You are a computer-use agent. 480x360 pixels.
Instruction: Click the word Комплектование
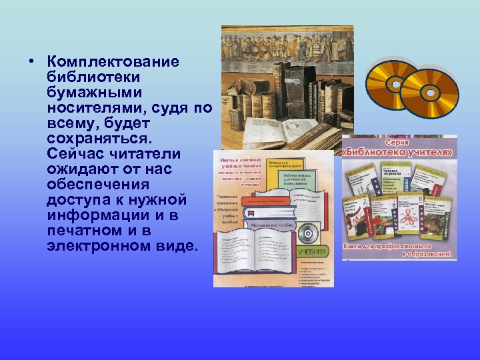tap(113, 62)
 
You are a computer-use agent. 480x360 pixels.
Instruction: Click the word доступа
tap(74, 200)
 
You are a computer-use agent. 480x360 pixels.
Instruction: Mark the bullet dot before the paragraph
tap(31, 63)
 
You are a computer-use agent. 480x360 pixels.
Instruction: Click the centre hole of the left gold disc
tap(395, 85)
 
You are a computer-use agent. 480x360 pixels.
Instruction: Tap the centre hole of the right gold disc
tap(429, 93)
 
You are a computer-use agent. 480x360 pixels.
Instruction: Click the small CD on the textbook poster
tap(307, 233)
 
